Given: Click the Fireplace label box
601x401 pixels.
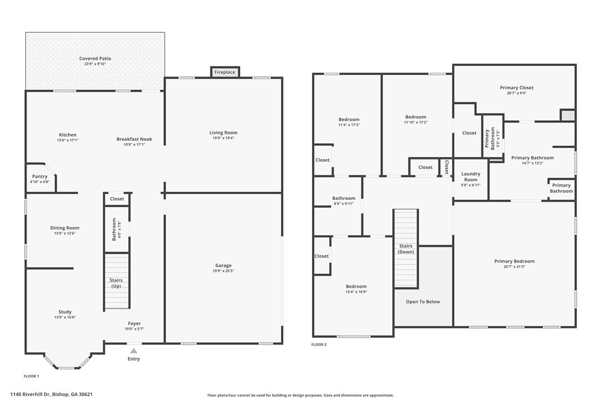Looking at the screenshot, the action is click(225, 72).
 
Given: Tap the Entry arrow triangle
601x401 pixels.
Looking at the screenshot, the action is click(133, 351).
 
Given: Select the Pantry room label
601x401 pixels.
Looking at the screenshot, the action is click(40, 177).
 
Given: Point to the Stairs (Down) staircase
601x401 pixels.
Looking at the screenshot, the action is click(406, 249).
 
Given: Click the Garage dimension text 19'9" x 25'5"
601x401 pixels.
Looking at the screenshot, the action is click(224, 271).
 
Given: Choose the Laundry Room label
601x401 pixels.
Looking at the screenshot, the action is click(471, 177).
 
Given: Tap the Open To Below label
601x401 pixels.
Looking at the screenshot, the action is click(423, 302).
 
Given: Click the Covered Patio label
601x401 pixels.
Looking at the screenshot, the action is click(95, 58).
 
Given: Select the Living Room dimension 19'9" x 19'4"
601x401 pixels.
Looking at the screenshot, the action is click(224, 138).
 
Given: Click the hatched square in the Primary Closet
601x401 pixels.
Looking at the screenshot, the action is click(568, 115).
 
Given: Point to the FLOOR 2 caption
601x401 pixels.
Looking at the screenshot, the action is click(319, 345).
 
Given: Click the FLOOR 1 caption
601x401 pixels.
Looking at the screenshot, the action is click(32, 376).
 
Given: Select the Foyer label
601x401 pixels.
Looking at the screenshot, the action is click(134, 323).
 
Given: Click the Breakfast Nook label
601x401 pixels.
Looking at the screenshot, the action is click(134, 139).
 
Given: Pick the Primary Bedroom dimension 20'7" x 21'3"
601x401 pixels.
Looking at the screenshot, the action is click(514, 267).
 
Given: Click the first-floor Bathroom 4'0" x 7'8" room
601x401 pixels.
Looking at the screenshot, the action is click(117, 229).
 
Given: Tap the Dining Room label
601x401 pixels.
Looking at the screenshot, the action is click(65, 228).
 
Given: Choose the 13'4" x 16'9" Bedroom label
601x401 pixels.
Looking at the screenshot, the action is click(356, 286).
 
